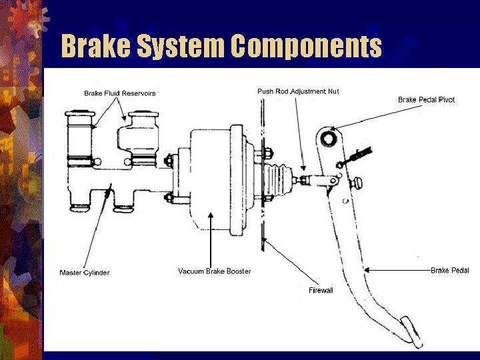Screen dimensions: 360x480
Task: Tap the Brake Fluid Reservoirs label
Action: tap(119, 93)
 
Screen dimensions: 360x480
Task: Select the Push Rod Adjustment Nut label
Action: tap(298, 91)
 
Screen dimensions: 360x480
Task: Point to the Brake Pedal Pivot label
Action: tap(426, 100)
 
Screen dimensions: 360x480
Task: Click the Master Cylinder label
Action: tap(84, 273)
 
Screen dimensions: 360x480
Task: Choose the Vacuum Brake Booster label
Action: tap(214, 271)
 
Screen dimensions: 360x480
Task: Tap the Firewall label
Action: tap(320, 291)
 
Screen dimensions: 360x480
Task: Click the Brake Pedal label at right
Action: tap(449, 271)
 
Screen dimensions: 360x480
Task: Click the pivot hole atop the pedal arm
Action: tap(328, 139)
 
